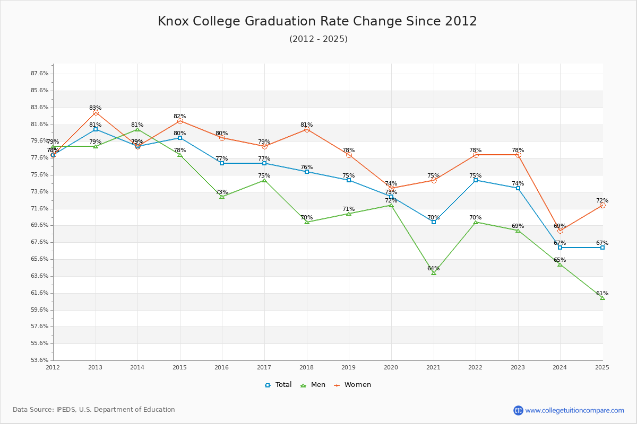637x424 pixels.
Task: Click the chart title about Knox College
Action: (317, 21)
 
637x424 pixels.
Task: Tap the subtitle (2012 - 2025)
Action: (318, 39)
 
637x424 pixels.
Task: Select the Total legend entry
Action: (278, 385)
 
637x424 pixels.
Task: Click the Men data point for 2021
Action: (434, 272)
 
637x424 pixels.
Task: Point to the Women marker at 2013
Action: (96, 112)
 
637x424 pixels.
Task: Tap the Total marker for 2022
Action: (476, 180)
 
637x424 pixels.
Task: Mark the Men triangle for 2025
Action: (602, 298)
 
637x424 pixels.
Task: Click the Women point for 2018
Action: (307, 129)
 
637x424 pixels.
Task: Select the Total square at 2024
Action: (560, 248)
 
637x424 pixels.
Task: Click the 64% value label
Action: (433, 269)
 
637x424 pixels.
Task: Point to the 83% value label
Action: (95, 108)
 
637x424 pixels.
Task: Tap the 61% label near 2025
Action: (602, 294)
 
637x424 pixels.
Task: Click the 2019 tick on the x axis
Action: (349, 367)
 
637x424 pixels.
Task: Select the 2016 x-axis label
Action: (222, 367)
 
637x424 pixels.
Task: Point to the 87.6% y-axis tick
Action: (40, 74)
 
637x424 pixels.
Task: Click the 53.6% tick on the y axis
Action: (40, 360)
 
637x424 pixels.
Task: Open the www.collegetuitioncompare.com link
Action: (574, 410)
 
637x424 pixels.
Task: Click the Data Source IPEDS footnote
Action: (94, 410)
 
